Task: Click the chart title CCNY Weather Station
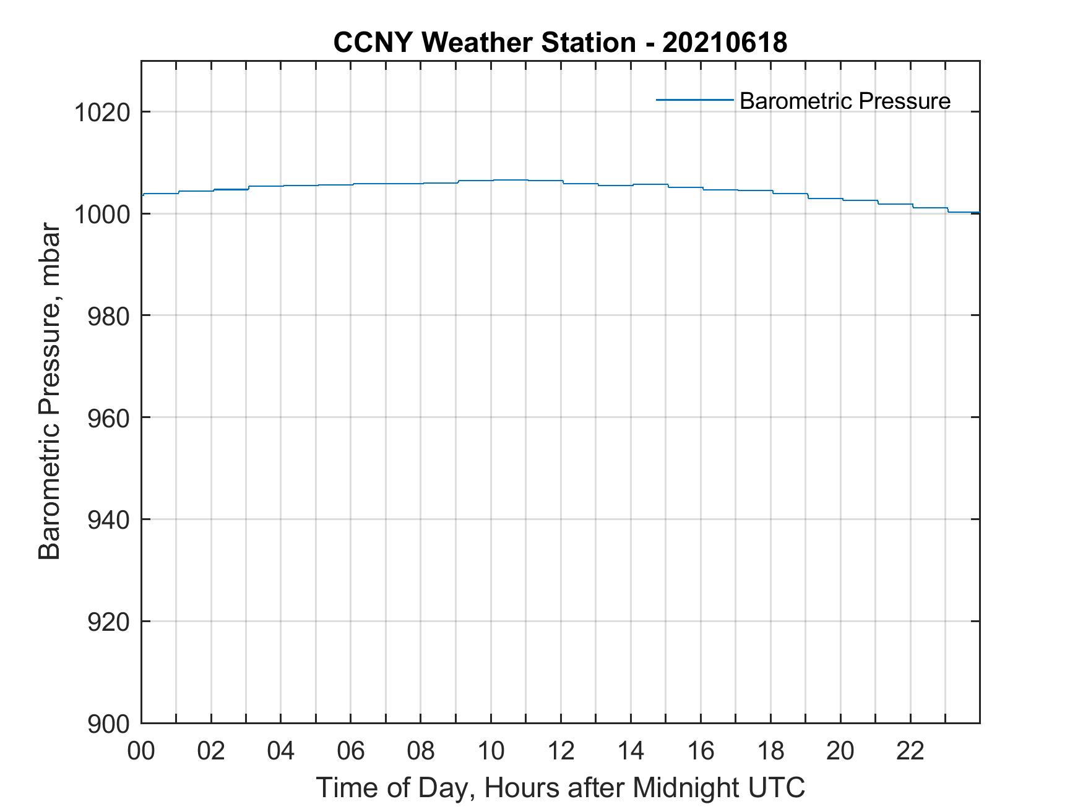click(x=484, y=43)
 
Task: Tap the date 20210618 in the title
click(x=725, y=43)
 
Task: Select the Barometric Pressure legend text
click(x=845, y=101)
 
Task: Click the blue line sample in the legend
click(x=694, y=100)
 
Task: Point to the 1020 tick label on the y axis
click(x=101, y=113)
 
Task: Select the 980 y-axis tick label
click(x=108, y=317)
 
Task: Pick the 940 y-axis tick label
click(x=108, y=520)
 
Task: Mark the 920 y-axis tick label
click(x=108, y=622)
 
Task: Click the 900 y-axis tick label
click(x=108, y=724)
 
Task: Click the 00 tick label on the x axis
click(x=141, y=751)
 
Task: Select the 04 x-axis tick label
click(x=281, y=751)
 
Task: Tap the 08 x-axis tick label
click(x=421, y=751)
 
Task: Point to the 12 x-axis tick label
click(x=561, y=751)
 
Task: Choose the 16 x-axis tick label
click(x=701, y=751)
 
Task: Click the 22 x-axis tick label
click(x=910, y=751)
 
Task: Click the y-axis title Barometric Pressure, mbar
click(x=50, y=392)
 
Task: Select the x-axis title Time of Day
click(x=560, y=788)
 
